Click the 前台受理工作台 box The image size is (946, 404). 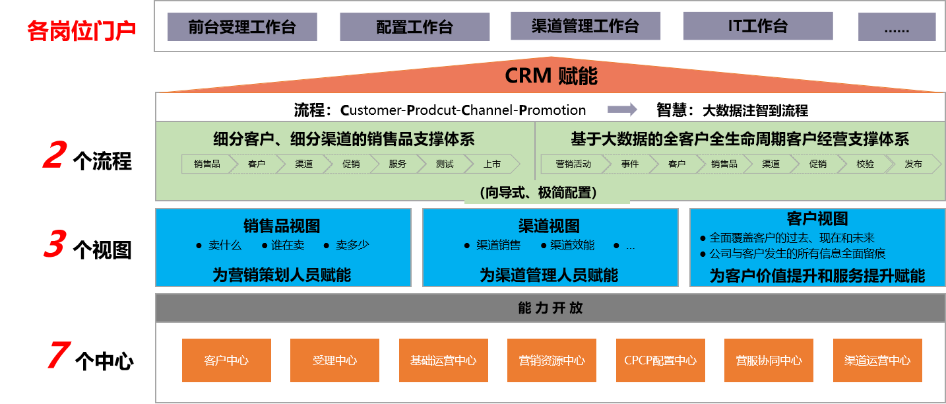(242, 27)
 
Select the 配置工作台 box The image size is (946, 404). (414, 27)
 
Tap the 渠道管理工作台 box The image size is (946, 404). (585, 26)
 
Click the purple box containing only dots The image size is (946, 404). (897, 27)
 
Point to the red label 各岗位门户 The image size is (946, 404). (81, 30)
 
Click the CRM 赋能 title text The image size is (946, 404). (551, 76)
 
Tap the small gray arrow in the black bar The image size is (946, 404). (622, 109)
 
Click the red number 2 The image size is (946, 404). (55, 156)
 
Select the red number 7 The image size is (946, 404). (57, 356)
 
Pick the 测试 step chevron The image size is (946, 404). (445, 164)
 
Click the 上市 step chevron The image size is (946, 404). (491, 164)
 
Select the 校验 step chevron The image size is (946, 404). (865, 164)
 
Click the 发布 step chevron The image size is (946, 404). (913, 164)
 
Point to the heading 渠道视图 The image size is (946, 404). (549, 226)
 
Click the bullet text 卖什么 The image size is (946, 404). (225, 246)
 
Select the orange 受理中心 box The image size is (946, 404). (334, 360)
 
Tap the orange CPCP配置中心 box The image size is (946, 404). (660, 360)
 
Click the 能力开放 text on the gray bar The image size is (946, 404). (550, 308)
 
